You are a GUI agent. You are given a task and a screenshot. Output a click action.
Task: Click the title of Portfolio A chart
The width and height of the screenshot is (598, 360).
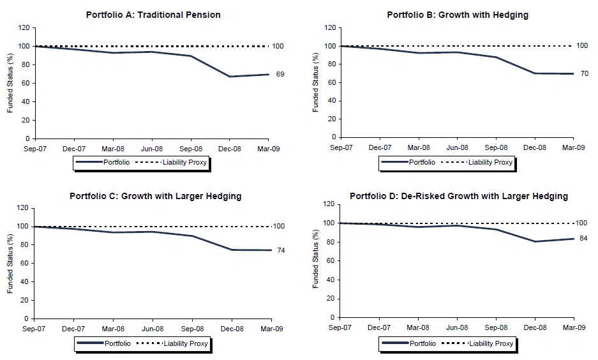click(153, 15)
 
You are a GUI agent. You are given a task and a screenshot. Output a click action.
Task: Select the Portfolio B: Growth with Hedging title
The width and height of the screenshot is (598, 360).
click(458, 15)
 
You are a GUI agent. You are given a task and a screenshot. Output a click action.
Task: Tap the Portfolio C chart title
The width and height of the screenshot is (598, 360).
click(156, 196)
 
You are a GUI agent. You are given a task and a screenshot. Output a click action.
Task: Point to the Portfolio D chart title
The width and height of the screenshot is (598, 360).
click(459, 196)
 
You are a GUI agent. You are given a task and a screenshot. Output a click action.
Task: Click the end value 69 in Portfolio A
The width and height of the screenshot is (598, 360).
click(280, 75)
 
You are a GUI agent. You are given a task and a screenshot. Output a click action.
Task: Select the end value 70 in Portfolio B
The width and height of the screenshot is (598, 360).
click(585, 73)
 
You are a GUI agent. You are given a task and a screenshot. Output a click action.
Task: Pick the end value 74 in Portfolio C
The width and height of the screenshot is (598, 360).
click(281, 251)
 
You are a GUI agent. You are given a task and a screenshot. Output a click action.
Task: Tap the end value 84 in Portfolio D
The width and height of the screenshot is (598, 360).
click(583, 238)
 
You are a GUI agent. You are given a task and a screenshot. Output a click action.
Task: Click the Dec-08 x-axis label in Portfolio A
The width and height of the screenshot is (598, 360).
click(230, 149)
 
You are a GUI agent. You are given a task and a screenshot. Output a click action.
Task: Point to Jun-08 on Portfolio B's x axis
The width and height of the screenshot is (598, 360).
click(457, 147)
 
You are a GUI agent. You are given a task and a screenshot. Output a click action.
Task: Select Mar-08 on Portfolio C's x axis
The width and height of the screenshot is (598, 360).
click(113, 329)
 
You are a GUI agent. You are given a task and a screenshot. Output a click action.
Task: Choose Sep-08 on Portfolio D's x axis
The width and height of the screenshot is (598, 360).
click(496, 327)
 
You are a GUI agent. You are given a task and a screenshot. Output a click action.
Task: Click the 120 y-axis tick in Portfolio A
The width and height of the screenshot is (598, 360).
click(24, 28)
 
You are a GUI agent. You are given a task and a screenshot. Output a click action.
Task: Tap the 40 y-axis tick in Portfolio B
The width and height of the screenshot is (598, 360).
click(332, 101)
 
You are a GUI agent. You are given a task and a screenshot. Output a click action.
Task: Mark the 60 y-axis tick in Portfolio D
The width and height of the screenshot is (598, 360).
click(331, 261)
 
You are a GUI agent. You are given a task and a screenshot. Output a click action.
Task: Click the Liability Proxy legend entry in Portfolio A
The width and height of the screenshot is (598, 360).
click(184, 162)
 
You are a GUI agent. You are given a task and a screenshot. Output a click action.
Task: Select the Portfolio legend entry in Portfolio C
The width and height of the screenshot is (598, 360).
click(117, 343)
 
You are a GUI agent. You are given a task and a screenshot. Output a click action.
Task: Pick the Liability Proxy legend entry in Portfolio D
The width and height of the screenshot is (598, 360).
click(491, 343)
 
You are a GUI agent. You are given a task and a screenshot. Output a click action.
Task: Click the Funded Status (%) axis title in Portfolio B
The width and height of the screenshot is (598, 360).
click(315, 82)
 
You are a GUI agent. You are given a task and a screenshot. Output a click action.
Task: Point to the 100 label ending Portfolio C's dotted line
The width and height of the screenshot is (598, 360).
click(279, 226)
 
